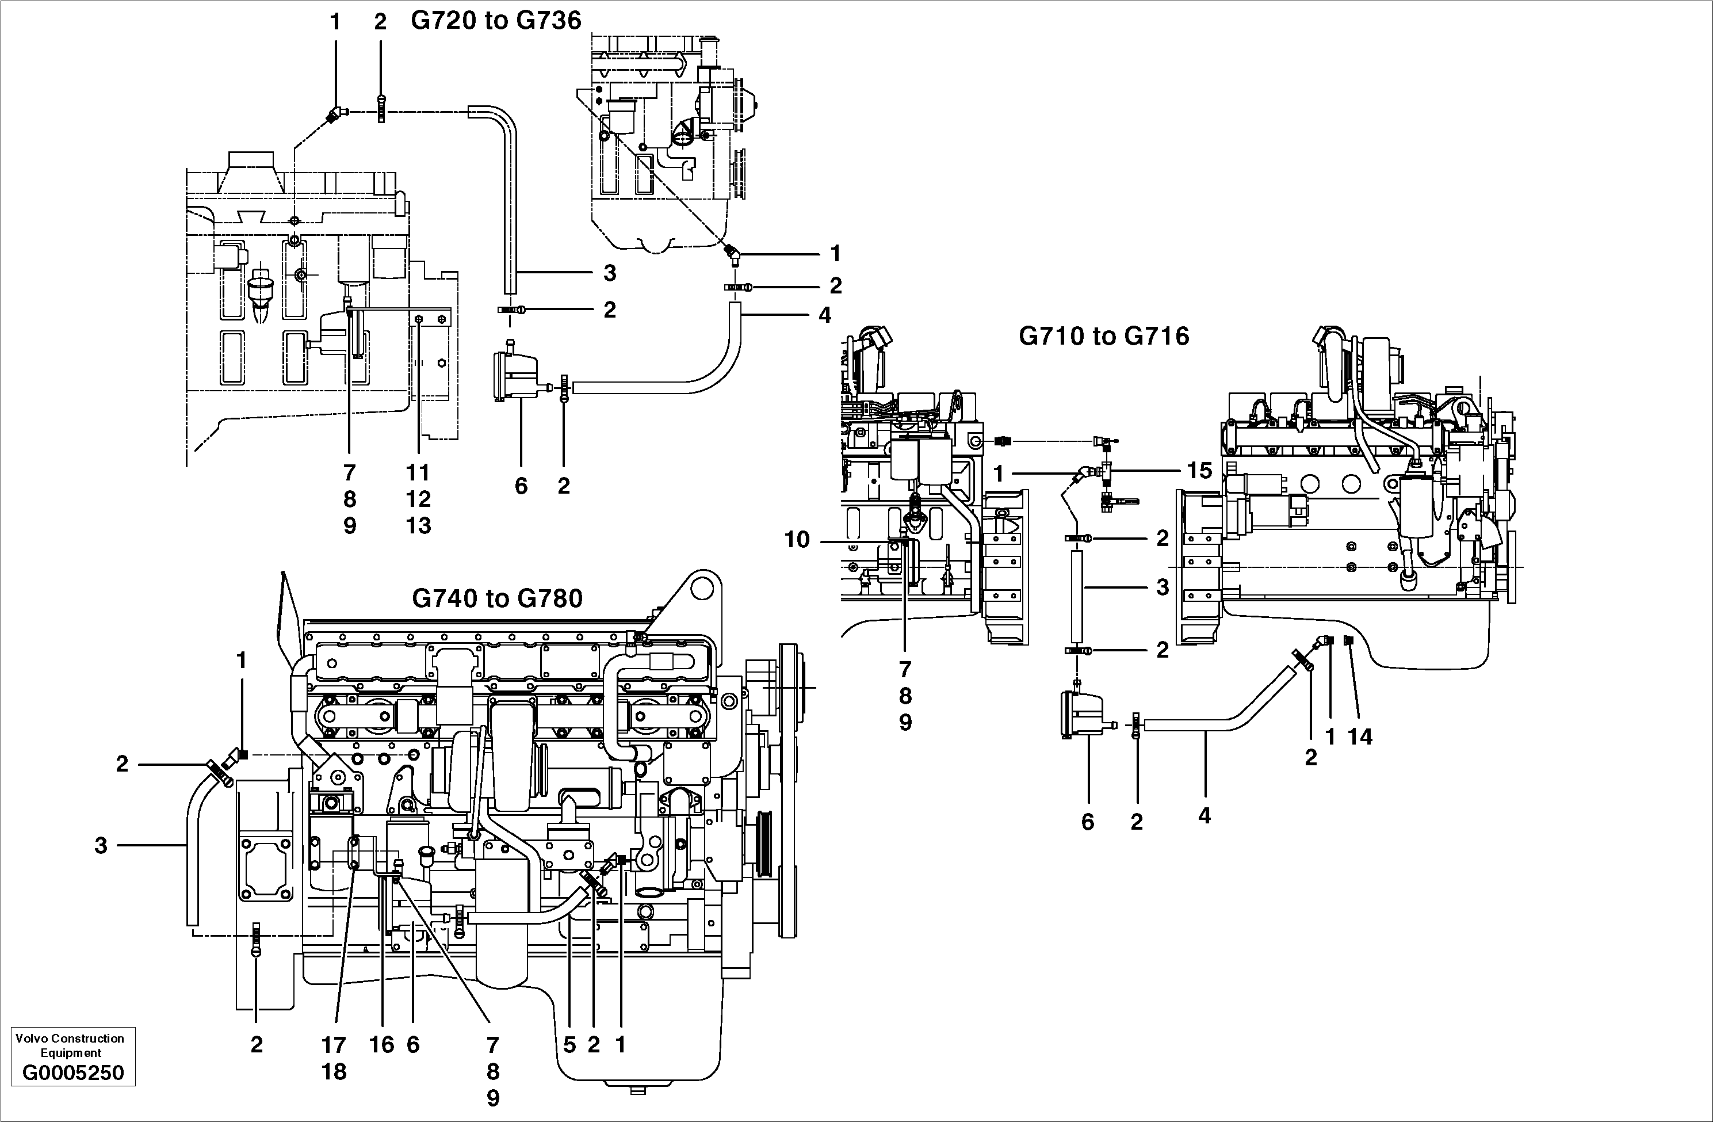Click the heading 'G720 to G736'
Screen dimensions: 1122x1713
(495, 20)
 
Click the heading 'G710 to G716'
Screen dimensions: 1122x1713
(1103, 336)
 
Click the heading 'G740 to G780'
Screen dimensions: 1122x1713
(496, 598)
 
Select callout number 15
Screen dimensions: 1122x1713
(1199, 470)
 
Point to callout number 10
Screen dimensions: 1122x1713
(797, 539)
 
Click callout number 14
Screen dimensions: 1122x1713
(1360, 736)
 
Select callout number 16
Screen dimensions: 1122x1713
(381, 1045)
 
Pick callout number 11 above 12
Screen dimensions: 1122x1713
(418, 472)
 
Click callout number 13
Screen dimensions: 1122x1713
(418, 526)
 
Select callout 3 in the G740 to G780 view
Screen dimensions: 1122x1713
(101, 845)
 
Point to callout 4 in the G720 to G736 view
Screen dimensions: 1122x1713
(825, 315)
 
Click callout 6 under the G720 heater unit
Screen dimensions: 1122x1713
(521, 486)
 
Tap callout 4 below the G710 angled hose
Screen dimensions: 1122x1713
(1204, 816)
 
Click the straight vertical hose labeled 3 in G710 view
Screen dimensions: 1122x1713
(1077, 596)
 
